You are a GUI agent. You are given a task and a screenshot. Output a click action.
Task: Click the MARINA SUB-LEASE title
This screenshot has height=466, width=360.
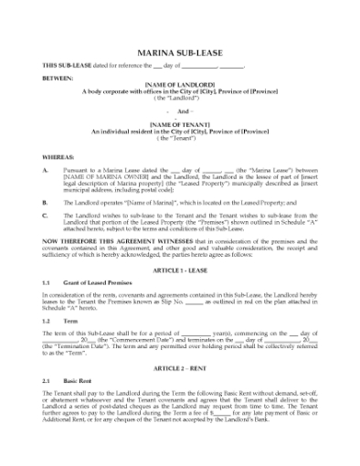pyautogui.click(x=179, y=55)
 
